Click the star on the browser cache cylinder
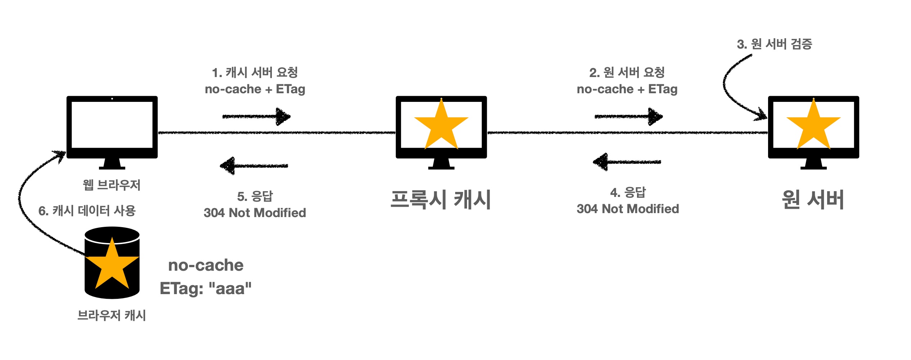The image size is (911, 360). (x=112, y=265)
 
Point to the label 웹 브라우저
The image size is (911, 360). (x=112, y=185)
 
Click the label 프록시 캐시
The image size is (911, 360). (x=441, y=199)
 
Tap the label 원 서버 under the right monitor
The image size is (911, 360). (x=813, y=199)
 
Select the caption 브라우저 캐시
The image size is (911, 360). (x=112, y=315)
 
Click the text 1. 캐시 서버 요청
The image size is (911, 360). (x=255, y=72)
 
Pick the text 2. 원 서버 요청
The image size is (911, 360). (x=627, y=72)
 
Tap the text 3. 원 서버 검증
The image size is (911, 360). (x=775, y=44)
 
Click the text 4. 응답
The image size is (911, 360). (x=628, y=193)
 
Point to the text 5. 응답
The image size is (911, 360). (x=255, y=197)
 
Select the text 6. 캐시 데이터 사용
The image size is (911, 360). (x=87, y=211)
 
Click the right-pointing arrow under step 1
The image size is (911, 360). (x=256, y=116)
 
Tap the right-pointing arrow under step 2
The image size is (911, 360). (x=628, y=116)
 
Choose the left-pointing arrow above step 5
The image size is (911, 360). (x=254, y=166)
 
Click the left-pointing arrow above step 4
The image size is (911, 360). (x=627, y=162)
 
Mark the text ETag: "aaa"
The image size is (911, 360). (x=206, y=288)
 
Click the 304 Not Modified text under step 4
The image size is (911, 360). (x=628, y=209)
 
